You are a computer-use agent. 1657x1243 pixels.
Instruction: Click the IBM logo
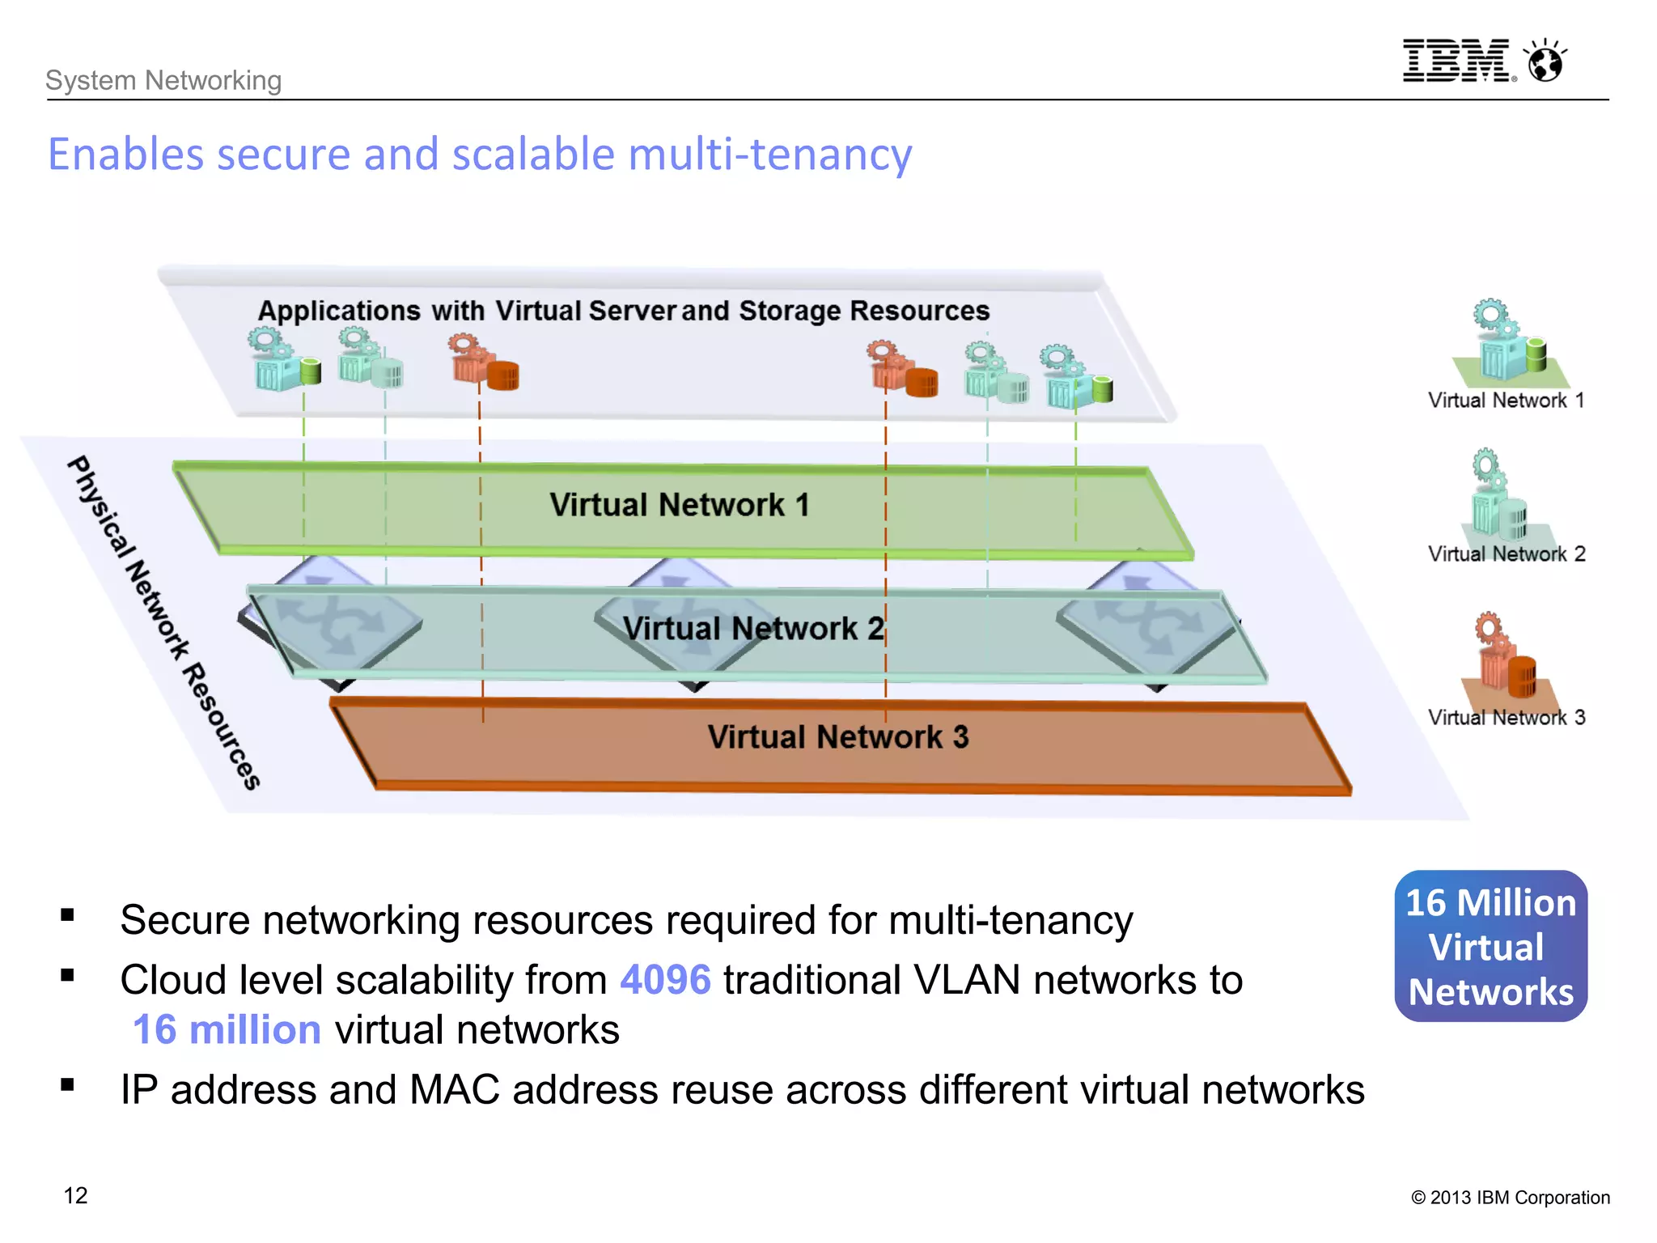click(1456, 61)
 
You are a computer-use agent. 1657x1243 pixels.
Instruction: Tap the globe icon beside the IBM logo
click(1545, 62)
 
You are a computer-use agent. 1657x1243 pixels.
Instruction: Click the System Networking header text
click(163, 80)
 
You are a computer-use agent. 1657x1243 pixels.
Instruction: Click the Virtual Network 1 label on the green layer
click(679, 505)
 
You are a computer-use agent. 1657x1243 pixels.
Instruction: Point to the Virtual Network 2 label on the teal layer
click(752, 629)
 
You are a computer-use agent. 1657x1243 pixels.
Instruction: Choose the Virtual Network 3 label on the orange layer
click(837, 737)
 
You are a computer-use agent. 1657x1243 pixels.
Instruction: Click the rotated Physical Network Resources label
click(163, 622)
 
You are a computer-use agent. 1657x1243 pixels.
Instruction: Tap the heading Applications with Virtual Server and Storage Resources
click(623, 311)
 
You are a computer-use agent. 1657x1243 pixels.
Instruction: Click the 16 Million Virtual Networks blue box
click(1490, 946)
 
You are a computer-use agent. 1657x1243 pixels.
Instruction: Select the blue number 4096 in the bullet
click(665, 980)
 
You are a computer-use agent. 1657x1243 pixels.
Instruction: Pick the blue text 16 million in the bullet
click(227, 1030)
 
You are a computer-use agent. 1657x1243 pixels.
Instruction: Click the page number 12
click(75, 1195)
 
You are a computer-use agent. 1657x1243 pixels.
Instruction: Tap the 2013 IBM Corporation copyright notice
click(1510, 1198)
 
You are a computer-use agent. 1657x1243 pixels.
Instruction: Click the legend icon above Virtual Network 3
click(1505, 655)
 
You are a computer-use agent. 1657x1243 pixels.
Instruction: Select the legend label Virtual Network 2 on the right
click(1506, 554)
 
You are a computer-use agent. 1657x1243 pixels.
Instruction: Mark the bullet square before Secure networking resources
click(67, 915)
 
